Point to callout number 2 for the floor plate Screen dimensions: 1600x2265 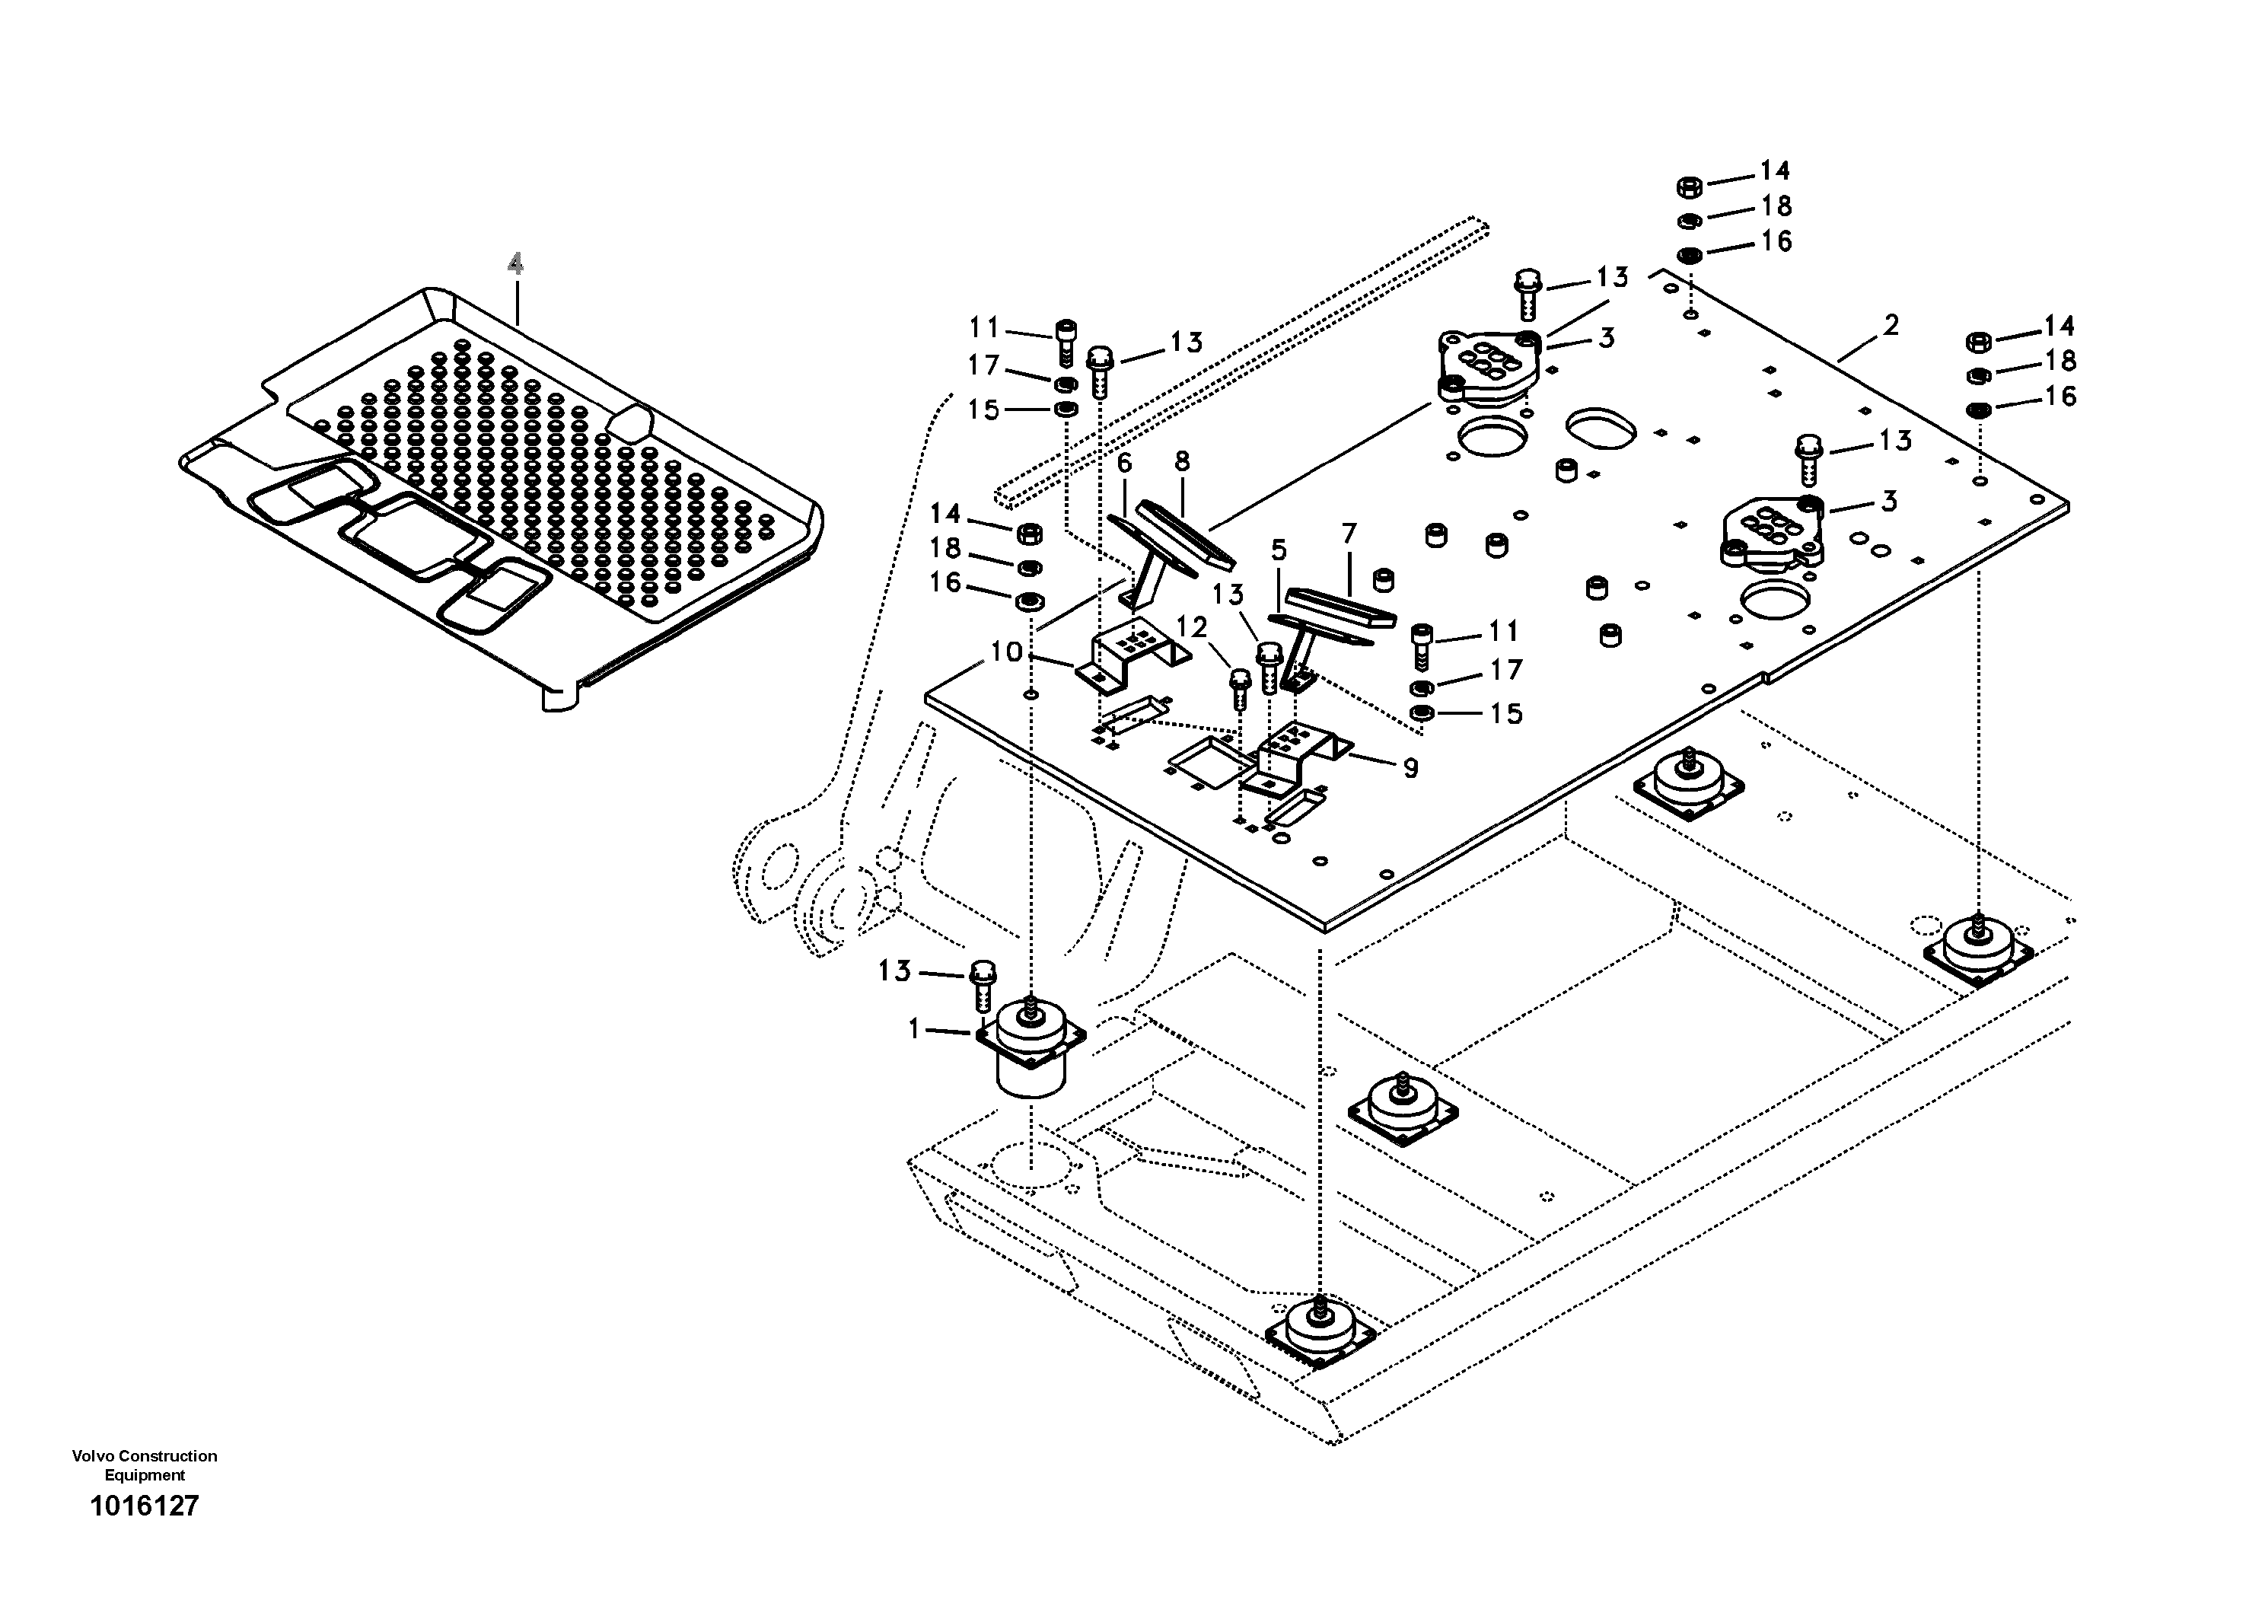[x=1890, y=324]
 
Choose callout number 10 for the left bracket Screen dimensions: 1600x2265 [x=1006, y=652]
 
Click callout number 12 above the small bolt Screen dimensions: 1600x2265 [x=1192, y=626]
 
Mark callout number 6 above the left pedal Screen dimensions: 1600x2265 [x=1123, y=463]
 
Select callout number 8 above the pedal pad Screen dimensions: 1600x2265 [x=1182, y=461]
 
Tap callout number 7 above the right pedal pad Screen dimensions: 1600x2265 [x=1349, y=534]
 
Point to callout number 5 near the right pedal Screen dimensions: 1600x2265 [x=1279, y=550]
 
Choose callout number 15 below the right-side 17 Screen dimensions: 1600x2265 [x=1505, y=713]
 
